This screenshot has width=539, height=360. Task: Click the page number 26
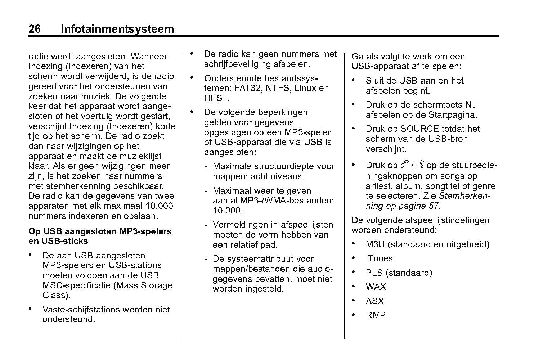pos(35,29)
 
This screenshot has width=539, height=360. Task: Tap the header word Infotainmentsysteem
pos(117,29)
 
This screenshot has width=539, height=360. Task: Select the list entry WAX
pos(376,287)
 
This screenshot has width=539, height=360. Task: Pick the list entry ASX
pos(375,301)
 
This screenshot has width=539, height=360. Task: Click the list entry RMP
pos(376,315)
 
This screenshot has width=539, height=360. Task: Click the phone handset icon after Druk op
pos(404,165)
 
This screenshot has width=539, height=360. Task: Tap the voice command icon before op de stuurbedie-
pos(419,165)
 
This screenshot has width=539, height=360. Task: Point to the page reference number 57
pos(434,206)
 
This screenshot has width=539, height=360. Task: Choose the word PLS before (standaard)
pos(374,273)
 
